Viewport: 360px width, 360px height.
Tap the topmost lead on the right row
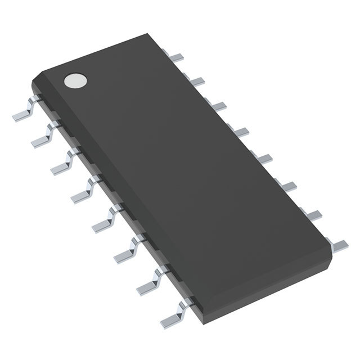178,56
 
